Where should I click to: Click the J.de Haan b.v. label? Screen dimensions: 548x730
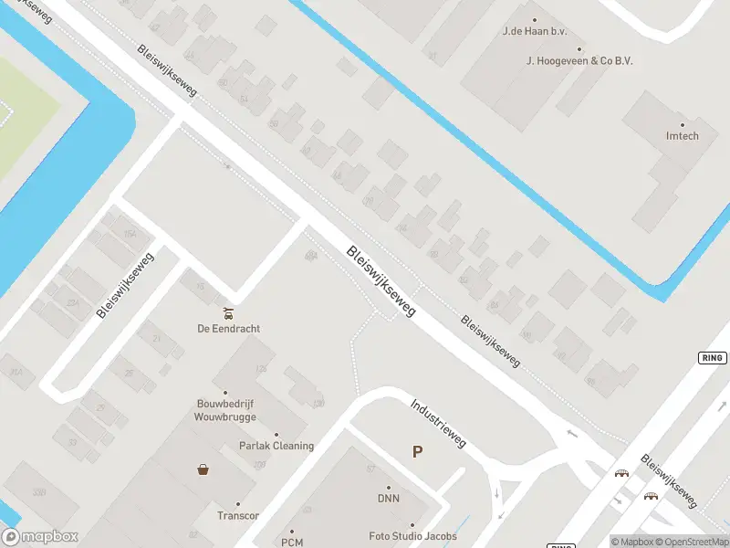tap(535, 32)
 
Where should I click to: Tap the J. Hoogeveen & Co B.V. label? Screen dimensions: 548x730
tap(579, 61)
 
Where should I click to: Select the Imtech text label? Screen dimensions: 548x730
tap(682, 137)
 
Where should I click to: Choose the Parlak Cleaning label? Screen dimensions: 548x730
tap(276, 447)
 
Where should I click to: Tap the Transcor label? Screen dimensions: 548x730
tap(238, 516)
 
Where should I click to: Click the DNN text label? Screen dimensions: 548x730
tap(389, 499)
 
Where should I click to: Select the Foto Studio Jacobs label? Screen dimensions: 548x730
tap(412, 536)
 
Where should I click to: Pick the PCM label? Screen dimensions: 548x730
tap(292, 543)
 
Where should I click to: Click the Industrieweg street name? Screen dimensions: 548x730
tap(438, 423)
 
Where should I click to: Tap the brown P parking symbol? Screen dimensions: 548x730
tap(418, 451)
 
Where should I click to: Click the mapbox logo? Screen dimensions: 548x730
tap(39, 537)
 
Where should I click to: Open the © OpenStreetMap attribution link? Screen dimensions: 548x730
tap(693, 542)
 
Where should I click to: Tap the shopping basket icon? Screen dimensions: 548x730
tap(203, 470)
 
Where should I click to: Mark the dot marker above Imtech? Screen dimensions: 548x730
tap(682, 124)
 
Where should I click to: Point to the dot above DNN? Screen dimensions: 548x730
tap(389, 487)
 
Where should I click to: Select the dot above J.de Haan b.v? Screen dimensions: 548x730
tap(535, 19)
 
